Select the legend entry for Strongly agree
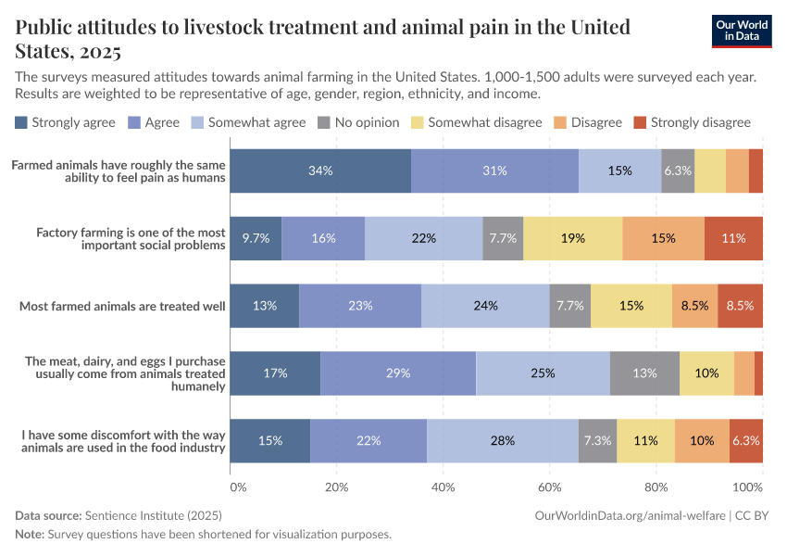coord(65,122)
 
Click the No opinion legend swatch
coord(323,122)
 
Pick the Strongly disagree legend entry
coord(692,122)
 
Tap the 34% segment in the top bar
coord(320,171)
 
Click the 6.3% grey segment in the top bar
coord(678,171)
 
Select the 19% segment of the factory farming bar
coord(572,238)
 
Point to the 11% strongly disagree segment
coord(733,238)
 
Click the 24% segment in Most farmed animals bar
coord(485,305)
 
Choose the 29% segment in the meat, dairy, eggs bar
coord(398,373)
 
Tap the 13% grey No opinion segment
coord(644,373)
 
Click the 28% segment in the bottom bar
coord(503,440)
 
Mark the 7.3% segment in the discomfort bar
coord(597,440)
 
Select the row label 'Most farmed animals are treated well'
coord(122,305)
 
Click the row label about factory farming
coord(130,238)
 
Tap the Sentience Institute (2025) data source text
coord(153,514)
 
